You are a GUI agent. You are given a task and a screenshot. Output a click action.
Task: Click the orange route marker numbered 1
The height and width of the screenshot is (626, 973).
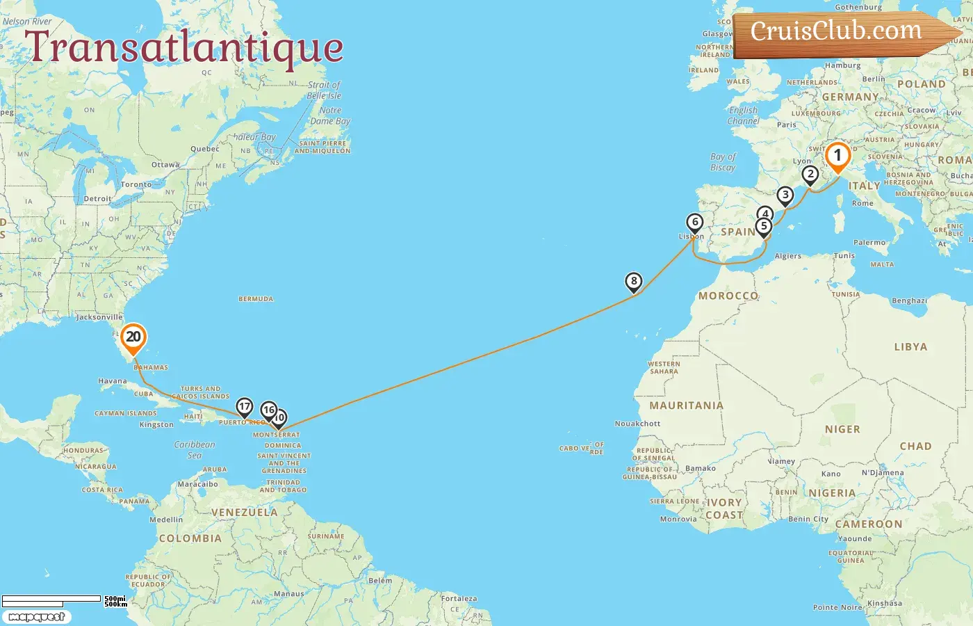click(x=837, y=156)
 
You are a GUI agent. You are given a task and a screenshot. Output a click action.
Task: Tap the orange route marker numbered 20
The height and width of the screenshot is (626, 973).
click(x=133, y=337)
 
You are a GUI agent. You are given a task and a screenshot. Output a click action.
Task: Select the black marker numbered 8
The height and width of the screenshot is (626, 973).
click(x=633, y=282)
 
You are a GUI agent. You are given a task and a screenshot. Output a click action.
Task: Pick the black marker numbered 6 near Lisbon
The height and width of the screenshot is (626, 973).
click(x=694, y=223)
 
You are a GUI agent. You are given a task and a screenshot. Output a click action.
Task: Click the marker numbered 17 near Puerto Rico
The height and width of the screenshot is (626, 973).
click(x=244, y=406)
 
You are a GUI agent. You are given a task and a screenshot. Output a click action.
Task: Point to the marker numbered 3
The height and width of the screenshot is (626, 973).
click(x=785, y=195)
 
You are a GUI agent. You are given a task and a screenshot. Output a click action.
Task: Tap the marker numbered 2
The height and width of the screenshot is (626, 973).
click(x=810, y=174)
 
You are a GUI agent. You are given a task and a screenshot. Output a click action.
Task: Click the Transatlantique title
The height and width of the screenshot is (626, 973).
click(x=184, y=47)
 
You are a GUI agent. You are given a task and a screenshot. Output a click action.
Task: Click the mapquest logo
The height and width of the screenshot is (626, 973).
click(x=36, y=617)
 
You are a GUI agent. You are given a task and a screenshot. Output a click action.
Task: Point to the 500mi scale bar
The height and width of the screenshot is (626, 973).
click(x=52, y=599)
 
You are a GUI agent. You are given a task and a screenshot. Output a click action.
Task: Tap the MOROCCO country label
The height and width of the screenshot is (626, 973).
click(x=728, y=296)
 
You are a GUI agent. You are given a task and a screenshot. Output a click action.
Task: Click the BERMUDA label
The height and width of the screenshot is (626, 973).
click(x=256, y=299)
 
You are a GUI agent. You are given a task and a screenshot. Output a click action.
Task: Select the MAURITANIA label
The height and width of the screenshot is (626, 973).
click(x=686, y=406)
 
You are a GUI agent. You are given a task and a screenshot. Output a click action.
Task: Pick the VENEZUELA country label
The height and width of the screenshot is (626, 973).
click(x=244, y=513)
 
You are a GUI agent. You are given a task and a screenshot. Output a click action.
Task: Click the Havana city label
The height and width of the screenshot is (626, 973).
click(x=113, y=381)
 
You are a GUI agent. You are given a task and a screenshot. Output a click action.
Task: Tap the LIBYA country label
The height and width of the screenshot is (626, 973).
click(x=910, y=346)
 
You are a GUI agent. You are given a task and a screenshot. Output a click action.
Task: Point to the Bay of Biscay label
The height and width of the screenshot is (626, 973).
click(x=723, y=162)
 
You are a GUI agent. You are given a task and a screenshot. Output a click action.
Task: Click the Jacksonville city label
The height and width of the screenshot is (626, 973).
click(x=99, y=317)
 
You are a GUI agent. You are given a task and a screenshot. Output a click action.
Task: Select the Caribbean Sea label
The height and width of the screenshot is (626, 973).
click(x=195, y=449)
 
